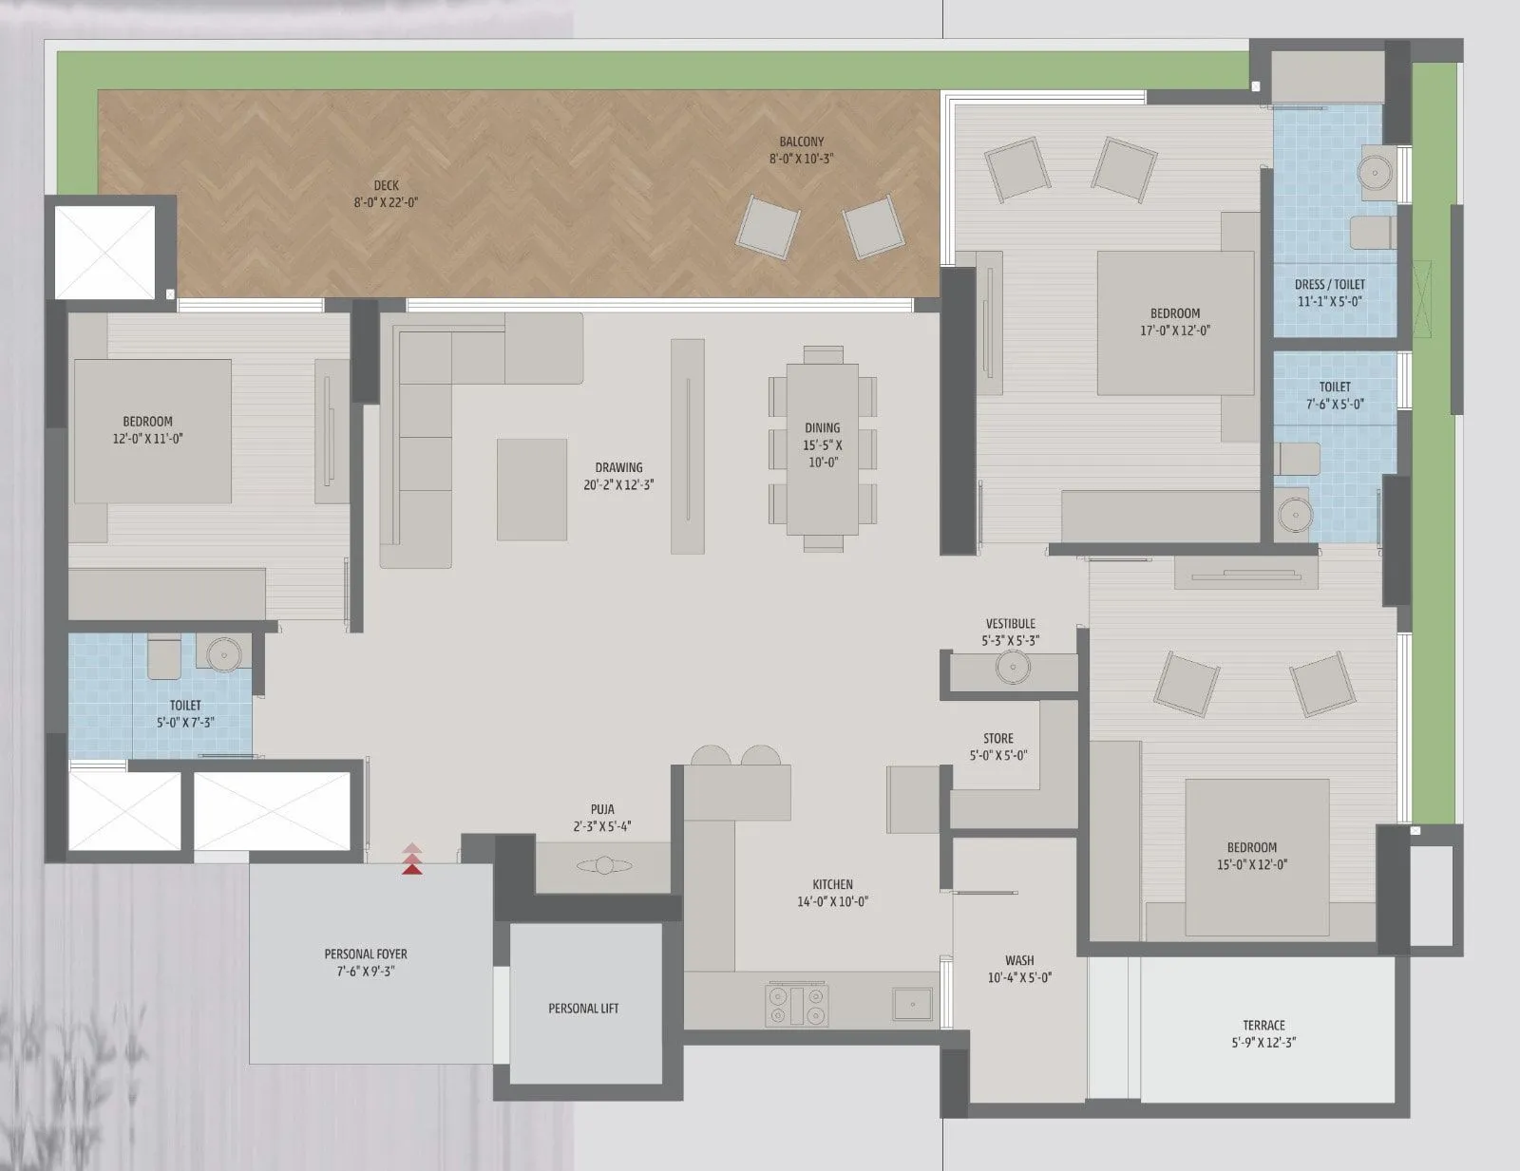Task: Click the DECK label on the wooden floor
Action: [386, 186]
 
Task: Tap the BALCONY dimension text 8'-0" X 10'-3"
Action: [801, 160]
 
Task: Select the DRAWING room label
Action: [618, 467]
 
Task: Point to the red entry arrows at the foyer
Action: [411, 859]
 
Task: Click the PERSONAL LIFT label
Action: [583, 1009]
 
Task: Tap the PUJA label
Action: [602, 810]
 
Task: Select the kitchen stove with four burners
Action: [797, 1005]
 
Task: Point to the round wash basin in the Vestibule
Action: [1013, 667]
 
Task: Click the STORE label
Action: [997, 739]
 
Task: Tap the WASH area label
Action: [1019, 961]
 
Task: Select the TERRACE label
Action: [1263, 1026]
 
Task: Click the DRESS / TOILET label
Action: [1329, 285]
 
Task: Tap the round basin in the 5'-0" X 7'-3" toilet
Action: [225, 653]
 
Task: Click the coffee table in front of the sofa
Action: [532, 489]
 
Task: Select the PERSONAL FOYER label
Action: [366, 954]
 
